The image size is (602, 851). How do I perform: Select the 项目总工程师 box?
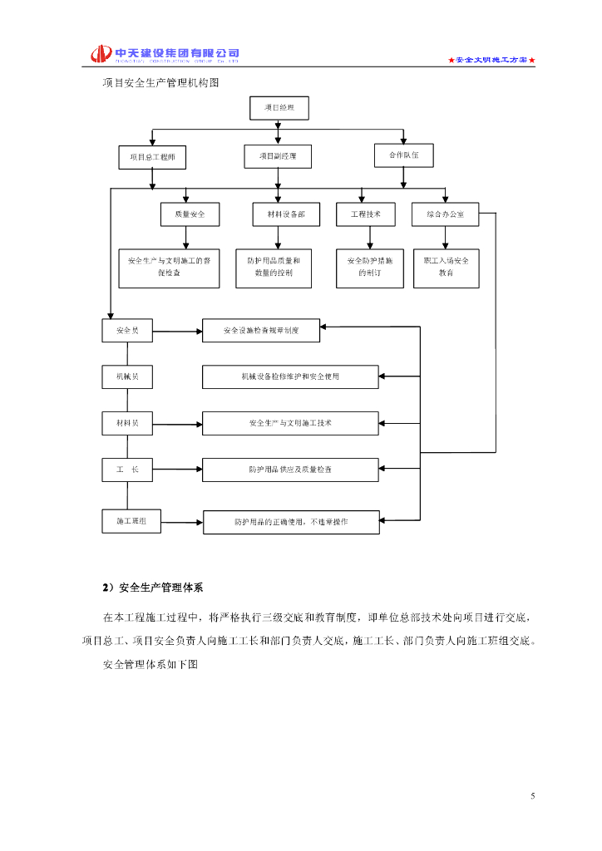coord(152,157)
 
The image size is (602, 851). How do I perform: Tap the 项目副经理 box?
coord(278,155)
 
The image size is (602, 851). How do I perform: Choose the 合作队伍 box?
coord(404,155)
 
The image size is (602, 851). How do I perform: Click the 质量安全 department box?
coord(190,214)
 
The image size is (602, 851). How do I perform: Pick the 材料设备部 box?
coord(281,214)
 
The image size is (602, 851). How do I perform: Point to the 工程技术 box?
coord(366,214)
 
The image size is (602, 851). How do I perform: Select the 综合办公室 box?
coord(446,214)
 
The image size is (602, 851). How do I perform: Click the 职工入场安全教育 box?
coord(446,267)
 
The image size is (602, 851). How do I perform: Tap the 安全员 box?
coord(127,331)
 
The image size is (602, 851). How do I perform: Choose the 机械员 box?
coord(127,377)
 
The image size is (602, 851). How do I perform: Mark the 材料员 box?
coord(127,424)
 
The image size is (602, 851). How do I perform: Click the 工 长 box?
coord(127,470)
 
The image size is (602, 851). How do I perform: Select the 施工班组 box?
coord(131,521)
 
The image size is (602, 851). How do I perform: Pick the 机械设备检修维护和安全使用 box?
coord(290,377)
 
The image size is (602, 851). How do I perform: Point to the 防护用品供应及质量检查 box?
coord(290,470)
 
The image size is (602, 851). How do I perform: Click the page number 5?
coord(533,796)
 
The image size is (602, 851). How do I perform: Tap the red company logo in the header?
coord(101,54)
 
